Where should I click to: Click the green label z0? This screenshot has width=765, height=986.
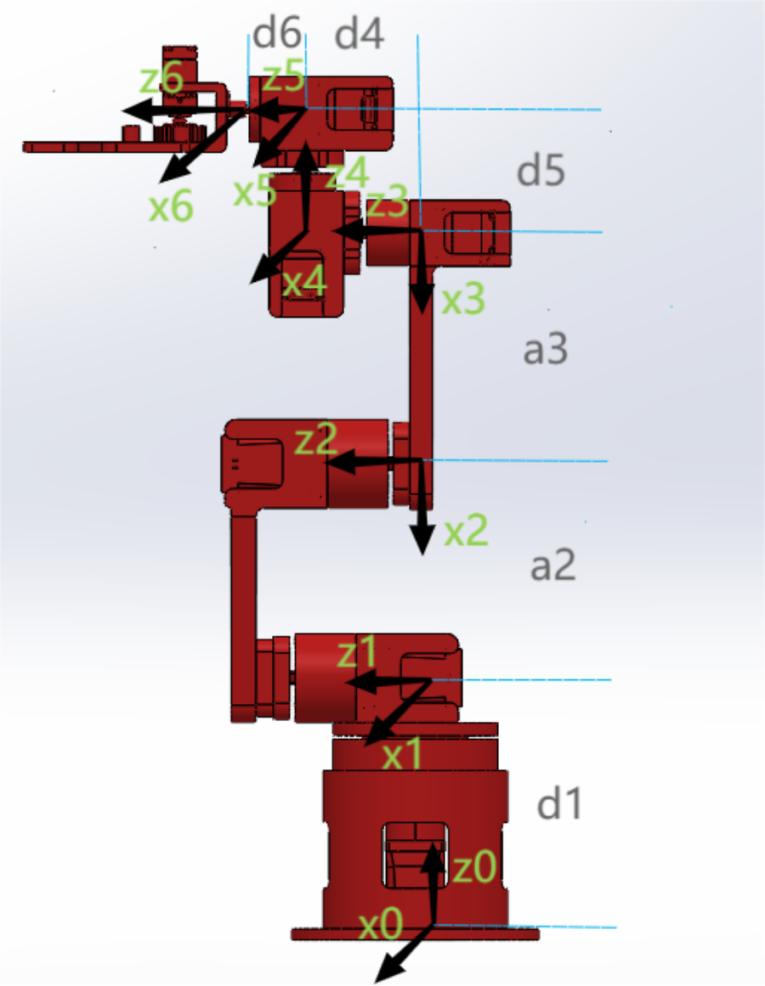[x=475, y=868]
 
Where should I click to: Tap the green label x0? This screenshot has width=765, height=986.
[x=381, y=924]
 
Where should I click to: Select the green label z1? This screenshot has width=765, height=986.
[x=357, y=651]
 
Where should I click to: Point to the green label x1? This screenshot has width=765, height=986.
[x=402, y=754]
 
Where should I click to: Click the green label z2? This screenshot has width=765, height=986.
[x=316, y=439]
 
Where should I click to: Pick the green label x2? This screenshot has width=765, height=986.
[x=466, y=530]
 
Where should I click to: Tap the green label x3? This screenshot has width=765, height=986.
[x=463, y=298]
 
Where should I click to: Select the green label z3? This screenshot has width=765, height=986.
[x=387, y=202]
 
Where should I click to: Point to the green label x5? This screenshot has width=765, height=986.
[x=255, y=190]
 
